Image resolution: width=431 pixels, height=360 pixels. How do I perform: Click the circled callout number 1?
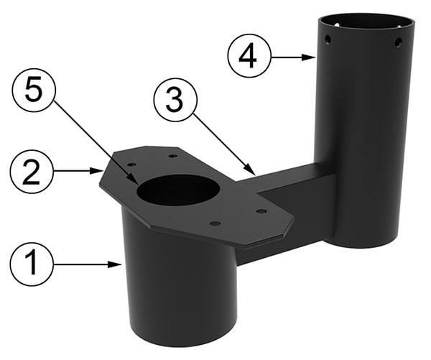(x=32, y=264)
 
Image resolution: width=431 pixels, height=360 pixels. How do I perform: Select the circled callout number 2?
(x=32, y=171)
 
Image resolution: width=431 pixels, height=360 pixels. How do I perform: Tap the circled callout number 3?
(x=175, y=100)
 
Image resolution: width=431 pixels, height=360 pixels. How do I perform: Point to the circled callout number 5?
(x=34, y=90)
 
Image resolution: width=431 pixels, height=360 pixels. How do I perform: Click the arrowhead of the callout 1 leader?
(x=116, y=264)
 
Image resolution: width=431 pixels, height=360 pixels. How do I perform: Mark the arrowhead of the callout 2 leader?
(x=97, y=171)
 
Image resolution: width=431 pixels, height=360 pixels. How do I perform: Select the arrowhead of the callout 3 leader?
(x=251, y=170)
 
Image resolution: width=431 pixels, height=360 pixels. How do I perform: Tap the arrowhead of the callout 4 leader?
(x=308, y=57)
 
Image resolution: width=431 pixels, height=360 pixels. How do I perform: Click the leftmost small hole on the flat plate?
(x=132, y=165)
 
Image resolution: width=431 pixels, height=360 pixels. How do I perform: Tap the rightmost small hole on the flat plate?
(x=261, y=211)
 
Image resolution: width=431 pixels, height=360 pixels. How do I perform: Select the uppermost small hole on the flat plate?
(x=172, y=156)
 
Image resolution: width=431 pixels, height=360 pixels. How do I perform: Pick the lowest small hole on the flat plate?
(x=215, y=223)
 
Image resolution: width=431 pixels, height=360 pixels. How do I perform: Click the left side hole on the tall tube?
(x=327, y=40)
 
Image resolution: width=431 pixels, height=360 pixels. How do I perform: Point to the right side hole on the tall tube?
(x=398, y=42)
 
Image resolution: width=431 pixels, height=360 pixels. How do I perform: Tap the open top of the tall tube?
(x=366, y=22)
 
